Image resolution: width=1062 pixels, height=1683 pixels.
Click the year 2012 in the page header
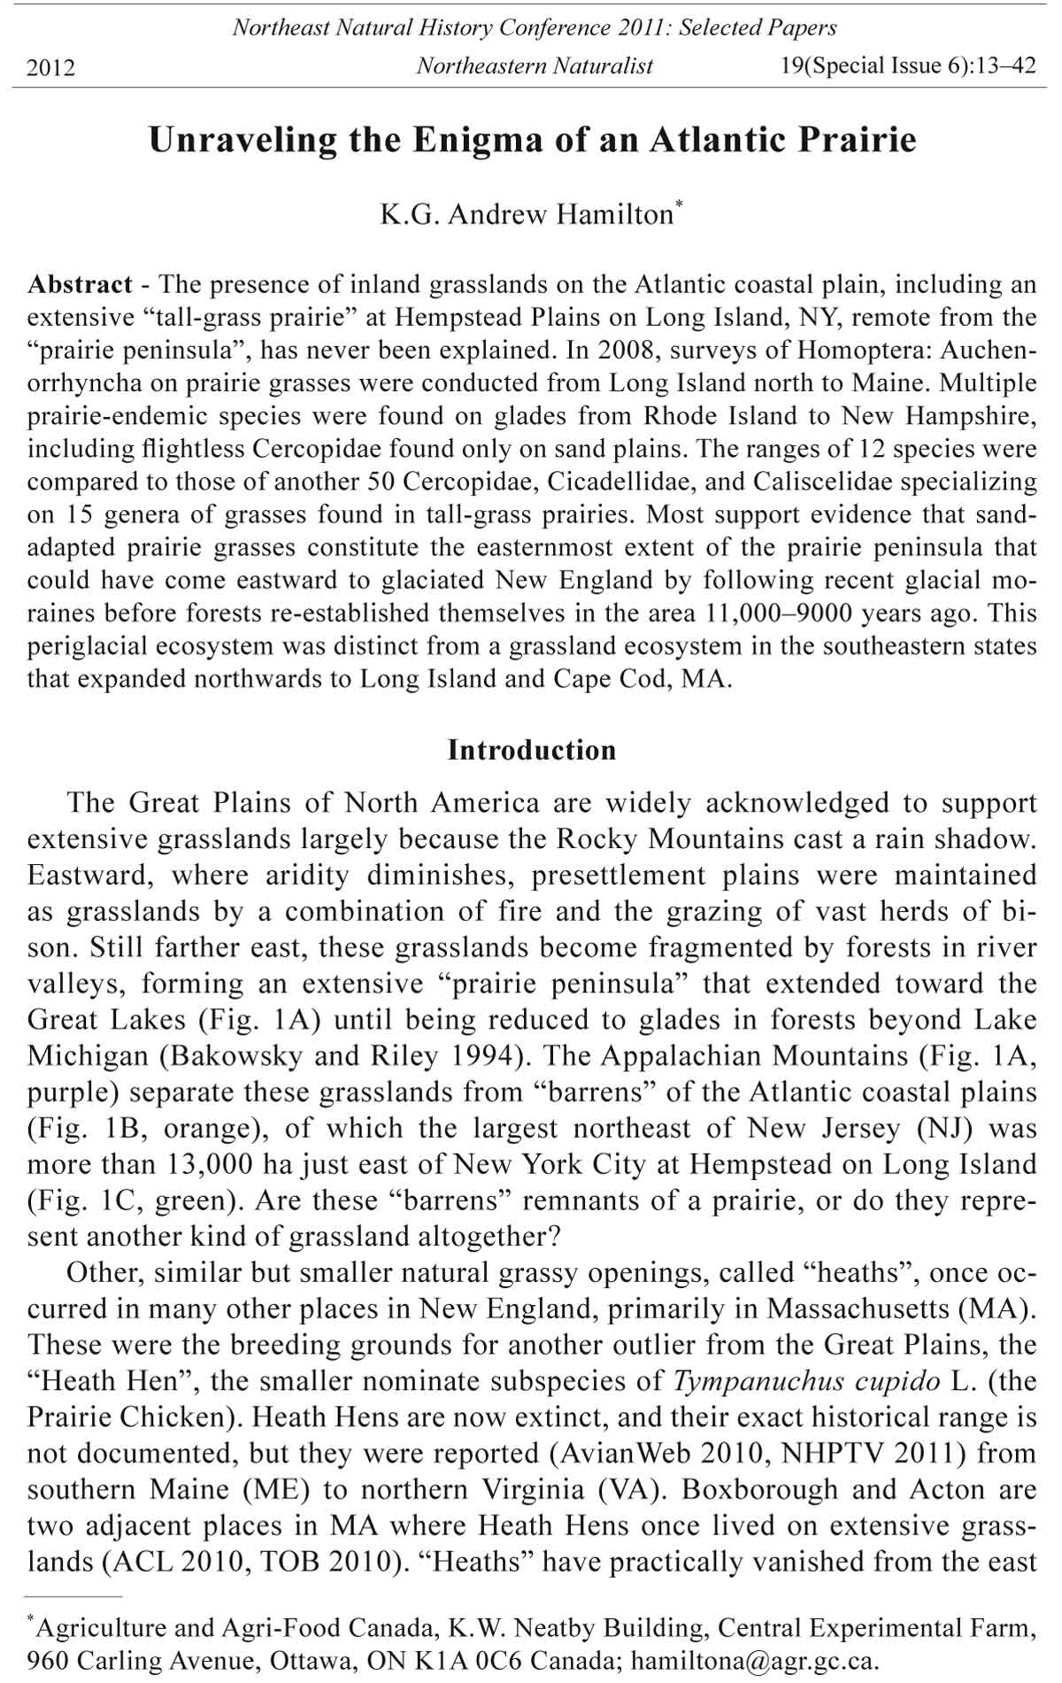pos(51,67)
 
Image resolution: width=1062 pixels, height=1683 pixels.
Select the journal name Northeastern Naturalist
pos(535,66)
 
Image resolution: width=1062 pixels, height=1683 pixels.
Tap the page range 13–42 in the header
pos(1004,66)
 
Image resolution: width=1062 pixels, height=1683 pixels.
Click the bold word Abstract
pos(81,285)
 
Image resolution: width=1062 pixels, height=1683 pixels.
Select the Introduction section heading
pos(532,751)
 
